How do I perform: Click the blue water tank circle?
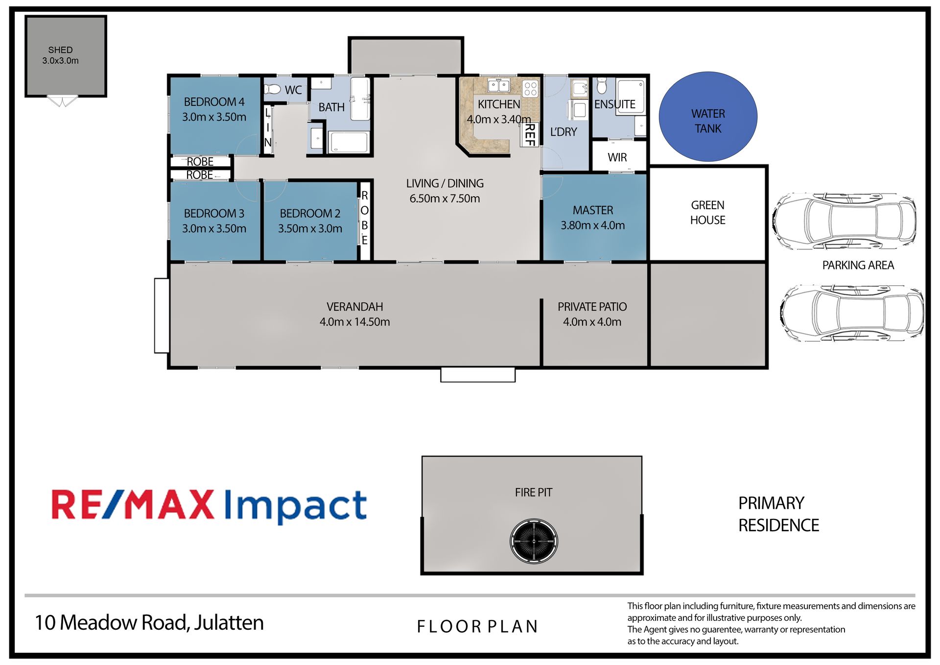tap(708, 117)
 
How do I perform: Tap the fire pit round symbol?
tap(534, 542)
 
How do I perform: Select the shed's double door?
tap(62, 101)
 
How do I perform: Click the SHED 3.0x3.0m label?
tap(60, 55)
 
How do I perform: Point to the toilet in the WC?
tap(272, 89)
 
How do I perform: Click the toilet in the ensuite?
tap(602, 85)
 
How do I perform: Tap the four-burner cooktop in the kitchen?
tap(530, 88)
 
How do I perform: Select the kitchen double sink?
tap(499, 86)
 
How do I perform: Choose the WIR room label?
tap(617, 157)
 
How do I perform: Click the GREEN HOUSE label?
tap(707, 213)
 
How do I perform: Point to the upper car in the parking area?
tap(845, 221)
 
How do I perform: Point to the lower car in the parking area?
tap(852, 313)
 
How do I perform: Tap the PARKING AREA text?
tap(858, 265)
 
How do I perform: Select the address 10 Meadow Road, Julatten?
tap(149, 622)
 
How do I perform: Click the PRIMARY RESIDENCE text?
tap(778, 514)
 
